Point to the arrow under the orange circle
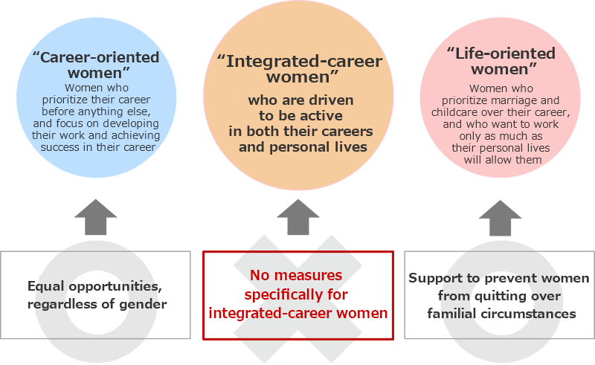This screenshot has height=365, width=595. pyautogui.click(x=297, y=218)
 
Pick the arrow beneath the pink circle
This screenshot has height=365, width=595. pyautogui.click(x=500, y=218)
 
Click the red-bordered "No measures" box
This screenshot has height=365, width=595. pyautogui.click(x=297, y=294)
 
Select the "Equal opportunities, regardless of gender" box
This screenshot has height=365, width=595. pyautogui.click(x=97, y=294)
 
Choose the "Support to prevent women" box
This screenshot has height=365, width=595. pyautogui.click(x=499, y=294)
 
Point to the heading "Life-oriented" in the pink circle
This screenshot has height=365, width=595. pyautogui.click(x=501, y=54)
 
